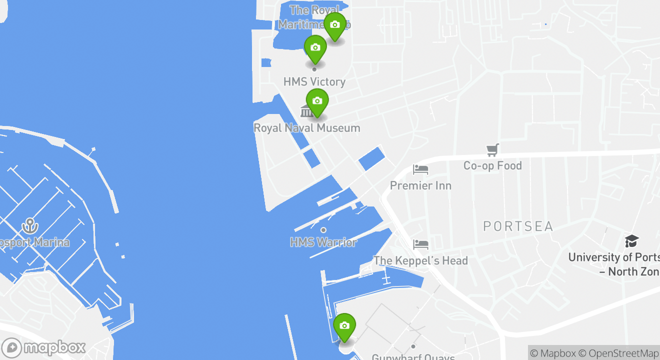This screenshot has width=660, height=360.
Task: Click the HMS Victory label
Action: coord(314,81)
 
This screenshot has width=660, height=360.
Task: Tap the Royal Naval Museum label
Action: coord(306,128)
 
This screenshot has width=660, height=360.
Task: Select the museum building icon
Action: coord(306,111)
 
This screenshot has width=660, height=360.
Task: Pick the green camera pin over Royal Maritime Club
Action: coord(335,25)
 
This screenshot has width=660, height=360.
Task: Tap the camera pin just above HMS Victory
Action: coord(315,48)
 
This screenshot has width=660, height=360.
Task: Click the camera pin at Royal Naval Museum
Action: coord(317,102)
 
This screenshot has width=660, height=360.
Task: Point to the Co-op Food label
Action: coord(492,165)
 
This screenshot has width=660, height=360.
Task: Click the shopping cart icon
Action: coord(493,149)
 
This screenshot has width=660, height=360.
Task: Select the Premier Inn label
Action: coord(420,185)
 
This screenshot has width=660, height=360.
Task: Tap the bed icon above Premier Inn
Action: coord(420,169)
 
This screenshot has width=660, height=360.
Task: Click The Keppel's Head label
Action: coord(420,260)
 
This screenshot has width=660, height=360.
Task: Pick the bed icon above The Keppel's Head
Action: coord(420,244)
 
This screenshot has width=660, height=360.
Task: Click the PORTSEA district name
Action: coord(518,226)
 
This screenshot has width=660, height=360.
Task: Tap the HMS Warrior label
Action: coord(323,242)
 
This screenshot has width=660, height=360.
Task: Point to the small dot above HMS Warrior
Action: coord(323,230)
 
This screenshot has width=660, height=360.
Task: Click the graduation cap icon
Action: coord(631,241)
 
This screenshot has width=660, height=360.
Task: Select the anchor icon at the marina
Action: coord(30,226)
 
